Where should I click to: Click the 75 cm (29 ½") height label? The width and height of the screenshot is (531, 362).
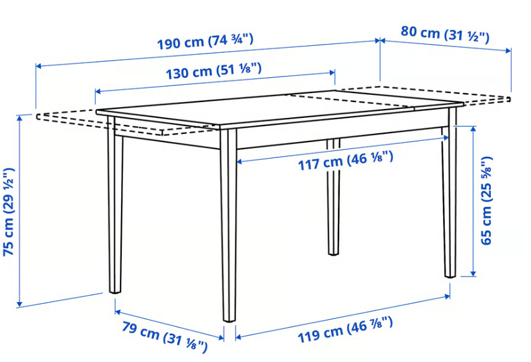(x=9, y=212)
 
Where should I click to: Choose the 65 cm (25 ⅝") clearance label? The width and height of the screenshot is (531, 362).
(x=487, y=200)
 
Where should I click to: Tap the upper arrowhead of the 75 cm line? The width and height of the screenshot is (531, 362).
(x=20, y=118)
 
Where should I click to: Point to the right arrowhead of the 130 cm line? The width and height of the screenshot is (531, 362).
(x=333, y=72)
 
